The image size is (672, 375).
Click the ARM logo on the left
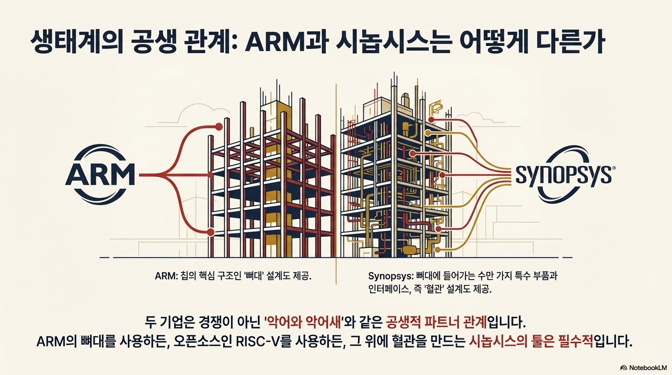click(100, 175)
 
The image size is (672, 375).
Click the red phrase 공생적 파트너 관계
click(437, 322)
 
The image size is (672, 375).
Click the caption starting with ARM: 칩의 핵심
click(233, 276)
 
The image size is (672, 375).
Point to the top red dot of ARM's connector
click(219, 127)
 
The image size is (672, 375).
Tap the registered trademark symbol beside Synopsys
click(613, 167)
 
